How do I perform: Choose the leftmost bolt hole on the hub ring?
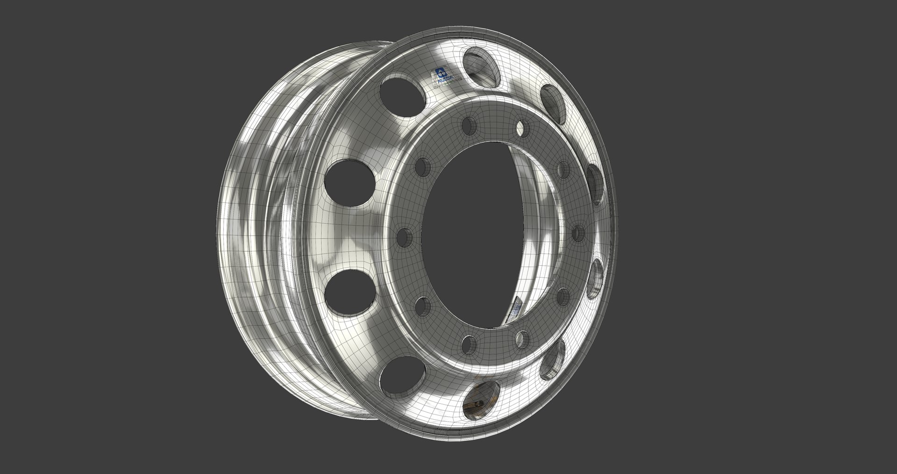click(x=403, y=236)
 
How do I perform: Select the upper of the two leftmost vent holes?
click(x=350, y=182)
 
